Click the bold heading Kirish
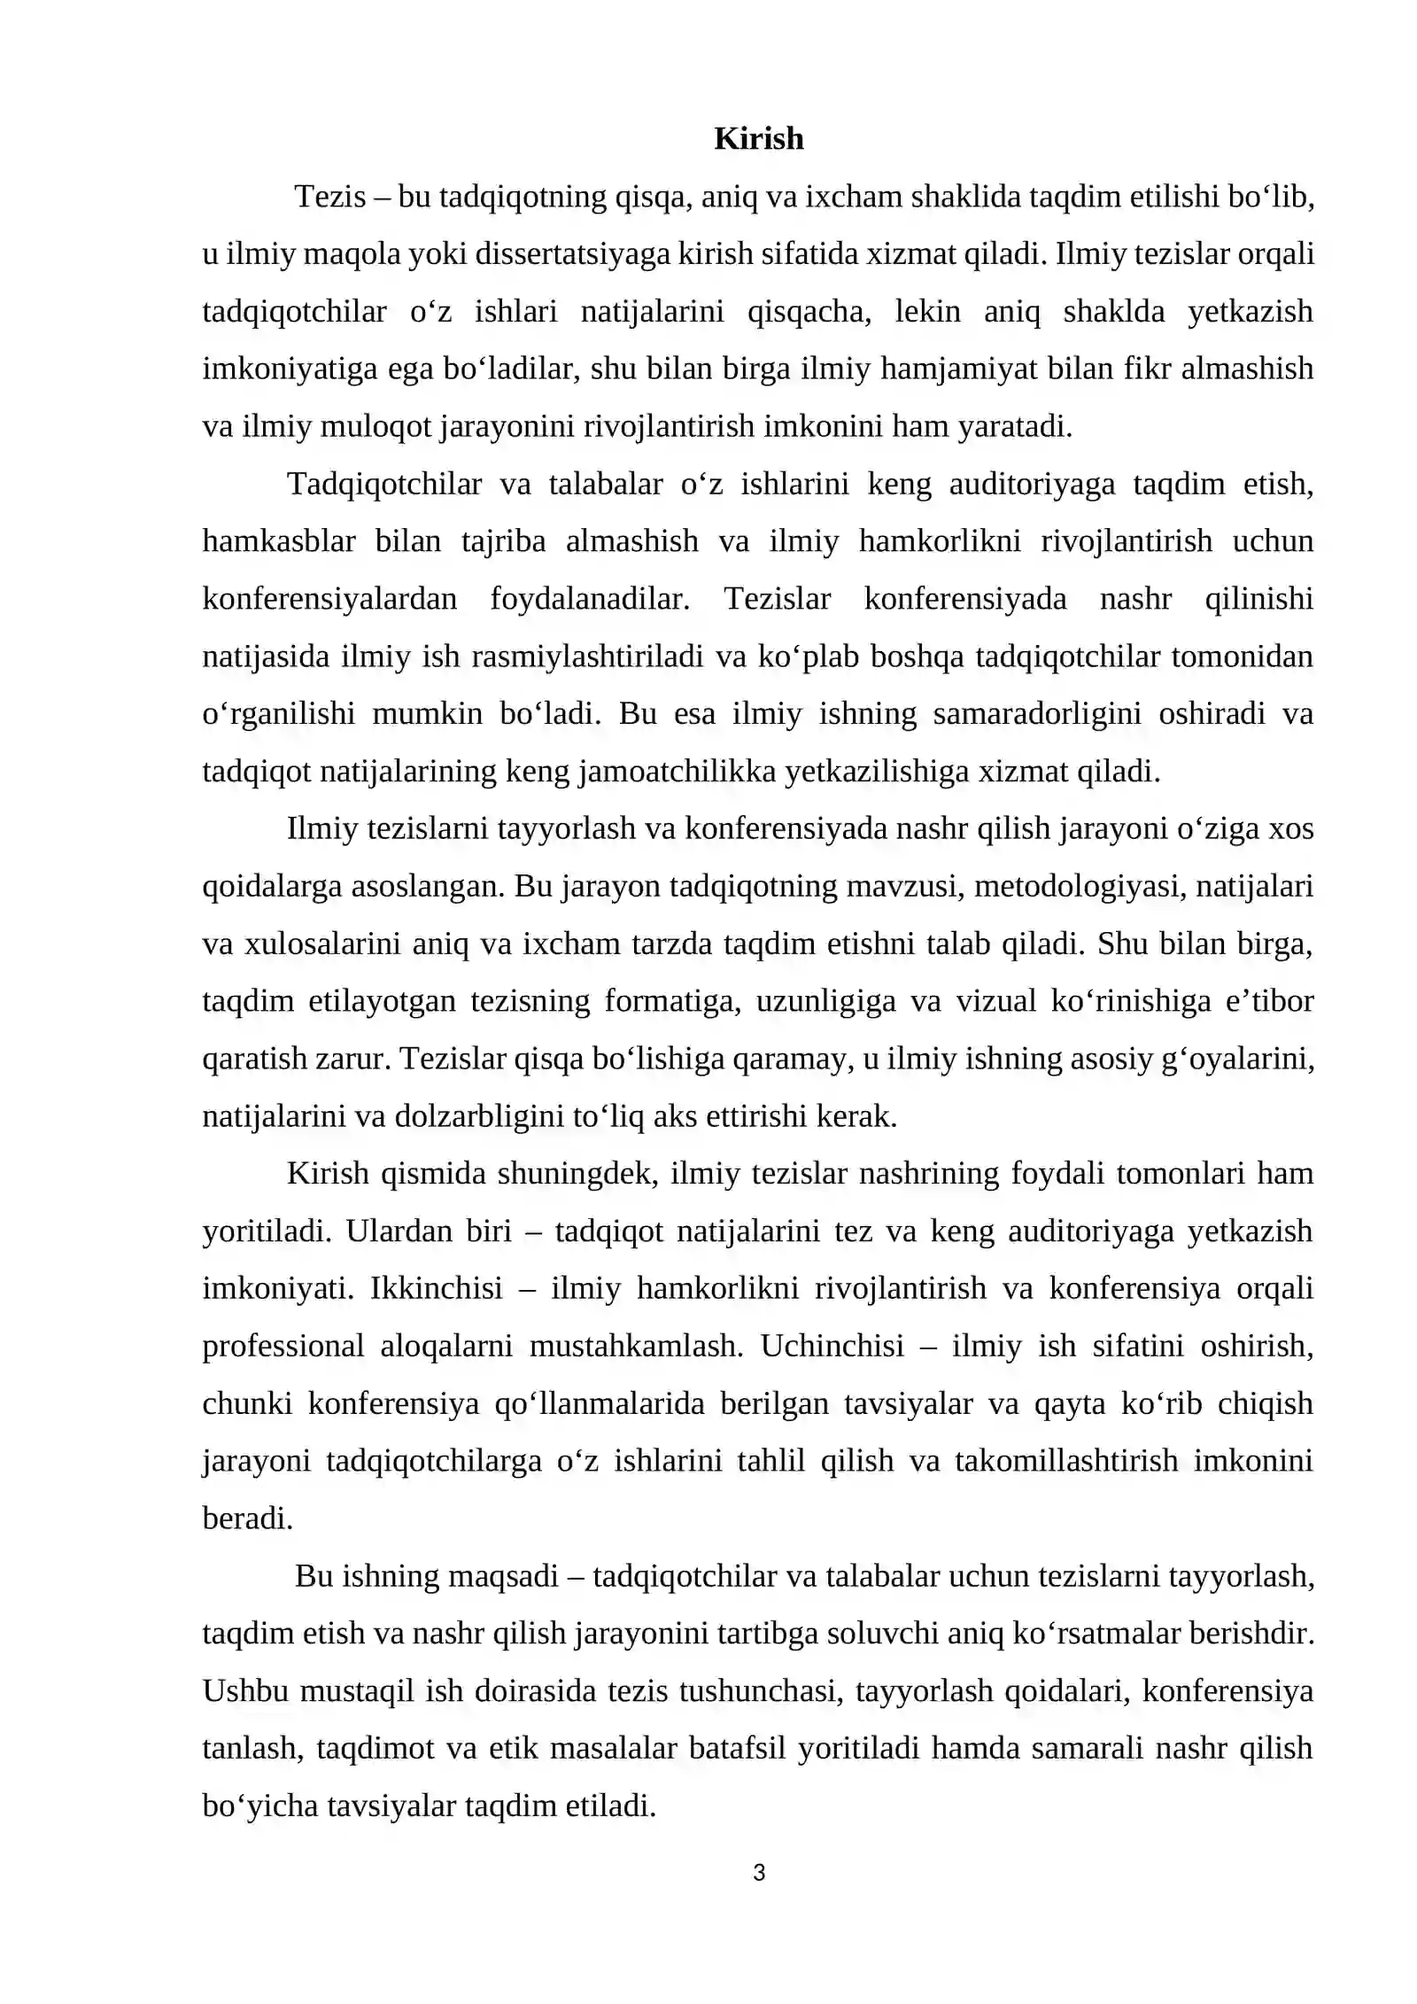[758, 139]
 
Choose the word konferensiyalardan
[329, 599]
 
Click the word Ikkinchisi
[436, 1288]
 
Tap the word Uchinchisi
[832, 1346]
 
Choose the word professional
[283, 1346]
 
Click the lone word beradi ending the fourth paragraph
[247, 1519]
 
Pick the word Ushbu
[245, 1690]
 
